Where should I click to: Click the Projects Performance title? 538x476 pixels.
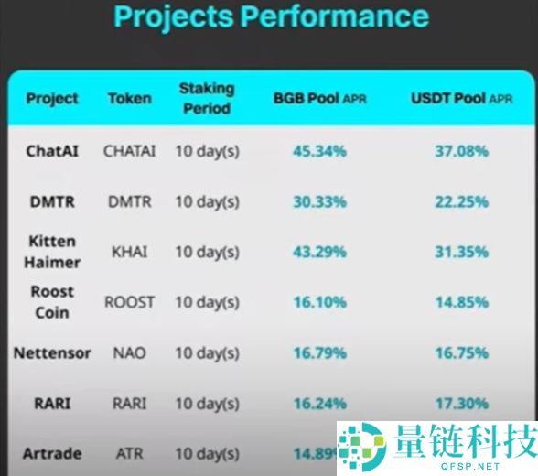coord(270,16)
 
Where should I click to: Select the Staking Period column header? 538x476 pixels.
coord(206,98)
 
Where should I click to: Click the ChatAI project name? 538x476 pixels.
coord(52,150)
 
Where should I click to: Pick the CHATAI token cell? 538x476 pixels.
coord(130,150)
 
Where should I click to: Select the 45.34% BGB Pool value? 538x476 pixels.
coord(319,150)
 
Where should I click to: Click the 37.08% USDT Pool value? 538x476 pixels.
coord(461,150)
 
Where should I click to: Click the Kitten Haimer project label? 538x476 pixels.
coord(52,252)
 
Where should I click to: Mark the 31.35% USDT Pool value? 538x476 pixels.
coord(461,252)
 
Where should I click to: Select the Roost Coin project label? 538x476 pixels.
coord(52,302)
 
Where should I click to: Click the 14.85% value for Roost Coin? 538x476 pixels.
coord(461,302)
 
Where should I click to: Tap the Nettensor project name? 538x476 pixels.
coord(52,352)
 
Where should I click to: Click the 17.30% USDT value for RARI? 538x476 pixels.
coord(461,402)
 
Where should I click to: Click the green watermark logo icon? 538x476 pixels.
coord(362,447)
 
